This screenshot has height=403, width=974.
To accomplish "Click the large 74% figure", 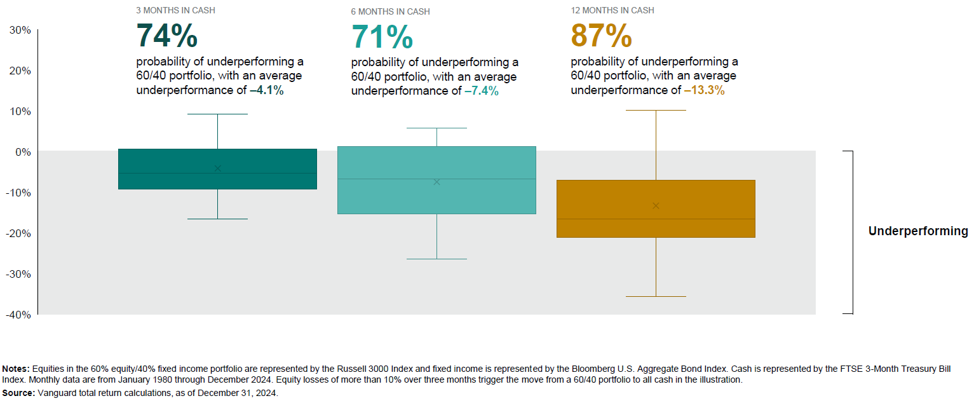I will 167,36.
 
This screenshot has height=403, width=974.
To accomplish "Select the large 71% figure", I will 382,37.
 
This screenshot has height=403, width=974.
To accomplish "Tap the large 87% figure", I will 601,36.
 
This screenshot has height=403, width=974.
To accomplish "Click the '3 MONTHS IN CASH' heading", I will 175,11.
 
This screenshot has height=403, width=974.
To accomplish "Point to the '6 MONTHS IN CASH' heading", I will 390,12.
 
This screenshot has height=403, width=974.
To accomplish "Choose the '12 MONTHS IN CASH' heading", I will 612,11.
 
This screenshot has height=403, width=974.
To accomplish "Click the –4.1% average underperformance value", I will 267,90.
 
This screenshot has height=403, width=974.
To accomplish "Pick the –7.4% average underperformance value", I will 482,91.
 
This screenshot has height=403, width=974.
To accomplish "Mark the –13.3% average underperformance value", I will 704,90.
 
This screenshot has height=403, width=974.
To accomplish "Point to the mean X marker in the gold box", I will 656,206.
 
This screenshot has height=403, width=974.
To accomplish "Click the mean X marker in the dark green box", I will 218,168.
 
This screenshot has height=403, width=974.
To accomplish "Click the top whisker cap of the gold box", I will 656,111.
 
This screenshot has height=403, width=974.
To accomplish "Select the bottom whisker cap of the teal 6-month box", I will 436,259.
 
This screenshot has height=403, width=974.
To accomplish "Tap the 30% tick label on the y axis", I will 20,30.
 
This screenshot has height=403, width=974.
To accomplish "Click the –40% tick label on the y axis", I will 18,315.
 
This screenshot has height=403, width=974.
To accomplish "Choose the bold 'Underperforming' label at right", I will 918,231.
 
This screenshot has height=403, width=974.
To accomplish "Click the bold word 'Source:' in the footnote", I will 18,393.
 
